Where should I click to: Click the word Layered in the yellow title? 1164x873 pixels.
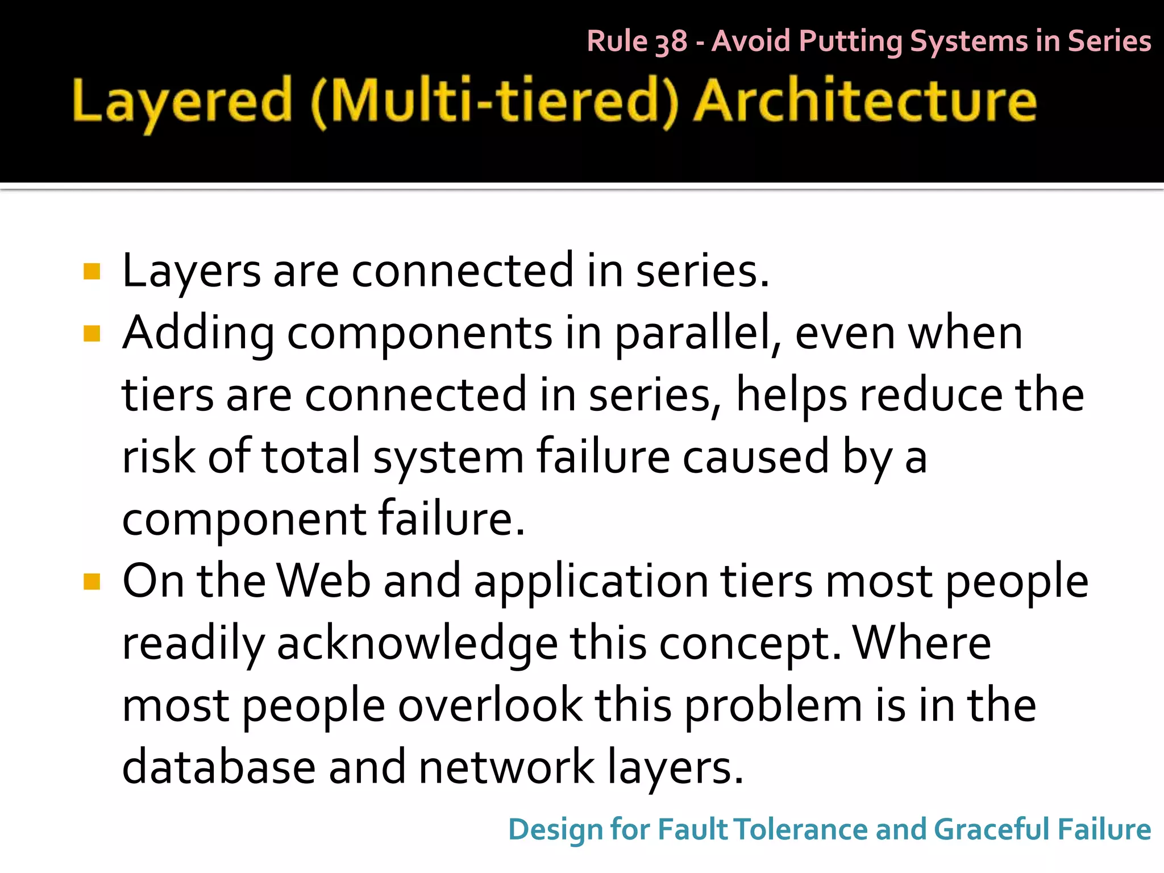coord(182,102)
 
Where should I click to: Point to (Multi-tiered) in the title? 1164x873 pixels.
coord(494,102)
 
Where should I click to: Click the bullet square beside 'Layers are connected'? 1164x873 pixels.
coord(92,272)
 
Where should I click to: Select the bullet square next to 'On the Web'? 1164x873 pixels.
coord(92,581)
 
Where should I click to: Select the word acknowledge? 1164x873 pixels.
coord(417,645)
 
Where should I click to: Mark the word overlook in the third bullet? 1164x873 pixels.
coord(490,705)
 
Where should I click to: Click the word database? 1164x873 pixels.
coord(219,767)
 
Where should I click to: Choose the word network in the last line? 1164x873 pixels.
coord(506,767)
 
